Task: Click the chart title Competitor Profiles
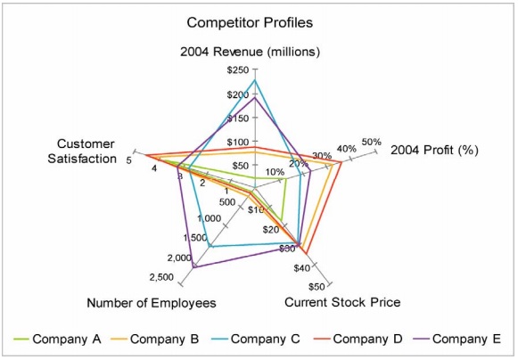coord(250,23)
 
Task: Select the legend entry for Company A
coord(57,339)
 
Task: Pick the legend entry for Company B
coord(154,339)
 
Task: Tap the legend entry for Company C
coord(256,339)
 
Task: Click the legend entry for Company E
coord(457,339)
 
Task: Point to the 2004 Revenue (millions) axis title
coord(250,52)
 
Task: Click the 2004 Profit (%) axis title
coord(434,150)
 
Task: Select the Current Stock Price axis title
coord(342,302)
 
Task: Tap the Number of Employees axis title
coord(152,303)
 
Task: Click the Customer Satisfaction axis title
coord(82,151)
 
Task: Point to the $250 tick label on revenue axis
coord(238,70)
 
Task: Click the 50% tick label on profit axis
coord(372,142)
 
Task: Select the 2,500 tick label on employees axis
coord(161,277)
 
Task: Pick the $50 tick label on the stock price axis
coord(317,287)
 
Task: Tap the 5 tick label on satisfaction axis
coord(129,160)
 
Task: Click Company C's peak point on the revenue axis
coord(254,79)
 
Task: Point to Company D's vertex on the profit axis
coord(341,162)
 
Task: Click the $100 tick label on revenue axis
coord(237,143)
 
